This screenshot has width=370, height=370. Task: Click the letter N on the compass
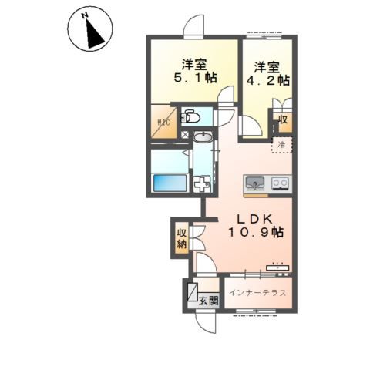tap(84, 16)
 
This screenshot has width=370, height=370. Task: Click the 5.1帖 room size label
tap(195, 77)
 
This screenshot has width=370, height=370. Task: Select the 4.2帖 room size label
tap(268, 80)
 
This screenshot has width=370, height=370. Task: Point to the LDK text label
tap(254, 219)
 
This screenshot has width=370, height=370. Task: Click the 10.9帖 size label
tap(256, 232)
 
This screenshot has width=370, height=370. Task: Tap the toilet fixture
tap(190, 117)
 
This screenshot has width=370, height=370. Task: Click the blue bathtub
tap(170, 183)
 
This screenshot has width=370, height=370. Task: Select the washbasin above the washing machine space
tap(203, 136)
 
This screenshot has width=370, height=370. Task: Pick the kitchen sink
tap(254, 183)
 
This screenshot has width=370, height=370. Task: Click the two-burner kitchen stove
tap(280, 183)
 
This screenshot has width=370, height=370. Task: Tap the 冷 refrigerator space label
tap(282, 145)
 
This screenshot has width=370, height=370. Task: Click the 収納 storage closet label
tap(182, 238)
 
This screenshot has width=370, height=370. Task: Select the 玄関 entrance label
tap(209, 301)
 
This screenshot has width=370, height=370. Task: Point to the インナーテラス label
tap(257, 293)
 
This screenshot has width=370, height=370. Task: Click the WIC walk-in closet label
tap(163, 123)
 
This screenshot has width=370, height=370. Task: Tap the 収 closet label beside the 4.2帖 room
tap(283, 119)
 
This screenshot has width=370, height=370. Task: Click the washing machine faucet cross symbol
tap(201, 183)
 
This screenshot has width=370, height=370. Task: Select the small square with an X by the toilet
tap(184, 134)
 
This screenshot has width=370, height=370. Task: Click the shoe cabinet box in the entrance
tap(193, 292)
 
